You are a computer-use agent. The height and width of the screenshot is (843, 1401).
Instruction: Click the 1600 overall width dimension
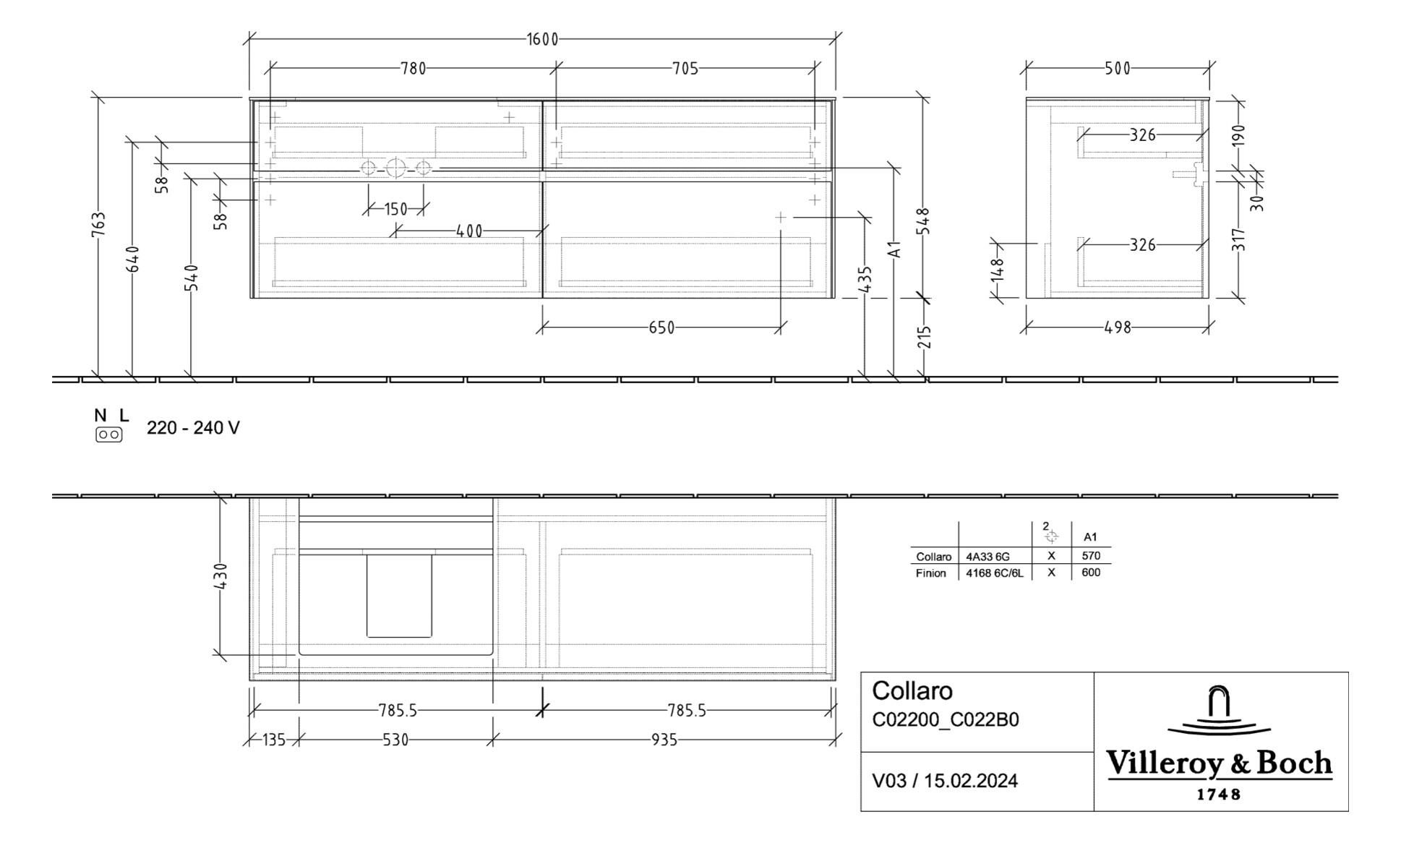click(x=542, y=39)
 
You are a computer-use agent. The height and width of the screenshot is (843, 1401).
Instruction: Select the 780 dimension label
click(x=413, y=69)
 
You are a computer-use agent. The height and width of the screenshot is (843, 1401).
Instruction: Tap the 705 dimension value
click(x=685, y=69)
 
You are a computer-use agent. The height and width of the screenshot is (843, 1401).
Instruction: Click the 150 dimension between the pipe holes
click(x=395, y=210)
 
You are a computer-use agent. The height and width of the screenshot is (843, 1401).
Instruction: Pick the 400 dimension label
click(x=469, y=232)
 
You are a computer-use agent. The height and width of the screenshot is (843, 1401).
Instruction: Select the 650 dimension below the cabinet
click(x=661, y=328)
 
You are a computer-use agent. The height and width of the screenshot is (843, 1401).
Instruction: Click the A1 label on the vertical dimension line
click(x=895, y=249)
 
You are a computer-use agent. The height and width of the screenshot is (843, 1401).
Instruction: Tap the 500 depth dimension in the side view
click(x=1117, y=69)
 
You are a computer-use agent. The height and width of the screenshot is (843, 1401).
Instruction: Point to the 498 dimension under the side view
click(x=1117, y=328)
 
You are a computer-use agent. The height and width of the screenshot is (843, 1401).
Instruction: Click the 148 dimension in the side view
click(x=998, y=269)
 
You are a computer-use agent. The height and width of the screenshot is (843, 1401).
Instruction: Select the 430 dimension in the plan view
click(x=221, y=575)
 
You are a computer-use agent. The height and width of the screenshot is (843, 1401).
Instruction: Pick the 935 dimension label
click(x=664, y=740)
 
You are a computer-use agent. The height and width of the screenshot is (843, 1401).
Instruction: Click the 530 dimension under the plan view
click(x=395, y=740)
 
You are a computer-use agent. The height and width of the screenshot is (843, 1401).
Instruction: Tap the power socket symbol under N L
click(x=108, y=435)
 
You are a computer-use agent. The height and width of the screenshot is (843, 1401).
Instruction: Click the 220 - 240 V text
click(x=193, y=428)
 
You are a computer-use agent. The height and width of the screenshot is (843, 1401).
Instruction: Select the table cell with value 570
click(x=1090, y=555)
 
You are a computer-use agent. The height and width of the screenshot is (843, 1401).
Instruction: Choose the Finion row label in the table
click(x=930, y=573)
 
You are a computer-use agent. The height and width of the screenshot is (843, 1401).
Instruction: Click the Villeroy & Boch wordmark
click(x=1219, y=763)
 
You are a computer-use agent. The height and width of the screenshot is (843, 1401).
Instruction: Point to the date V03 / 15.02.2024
click(x=945, y=781)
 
